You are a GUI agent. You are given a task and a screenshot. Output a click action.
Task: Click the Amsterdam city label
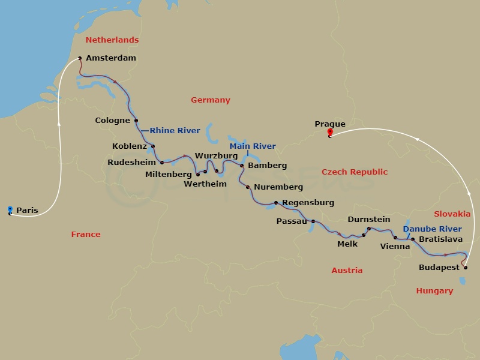111,58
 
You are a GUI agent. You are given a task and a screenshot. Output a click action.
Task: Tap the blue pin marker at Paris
10,209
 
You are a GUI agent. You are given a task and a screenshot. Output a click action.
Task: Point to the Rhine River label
175,130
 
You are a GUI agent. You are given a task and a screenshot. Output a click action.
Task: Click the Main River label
253,146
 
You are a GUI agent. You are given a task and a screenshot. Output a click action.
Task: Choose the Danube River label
432,229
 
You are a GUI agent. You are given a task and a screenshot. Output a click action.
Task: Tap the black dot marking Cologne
137,121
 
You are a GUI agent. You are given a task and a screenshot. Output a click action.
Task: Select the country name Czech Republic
355,172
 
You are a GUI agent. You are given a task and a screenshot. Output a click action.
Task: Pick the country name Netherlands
112,40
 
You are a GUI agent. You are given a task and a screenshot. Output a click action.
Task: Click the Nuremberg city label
278,187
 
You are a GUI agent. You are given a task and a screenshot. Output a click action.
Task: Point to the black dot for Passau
313,221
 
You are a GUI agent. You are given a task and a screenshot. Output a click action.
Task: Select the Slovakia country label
453,214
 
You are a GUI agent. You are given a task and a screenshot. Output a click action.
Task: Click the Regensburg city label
308,203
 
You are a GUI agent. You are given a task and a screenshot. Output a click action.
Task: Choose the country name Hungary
434,291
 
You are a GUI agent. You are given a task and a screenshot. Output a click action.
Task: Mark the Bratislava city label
440,239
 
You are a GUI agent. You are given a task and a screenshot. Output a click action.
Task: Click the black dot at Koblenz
153,146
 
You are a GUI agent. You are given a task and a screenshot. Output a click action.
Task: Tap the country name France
86,234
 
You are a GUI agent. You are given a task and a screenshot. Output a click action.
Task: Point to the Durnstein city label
369,220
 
